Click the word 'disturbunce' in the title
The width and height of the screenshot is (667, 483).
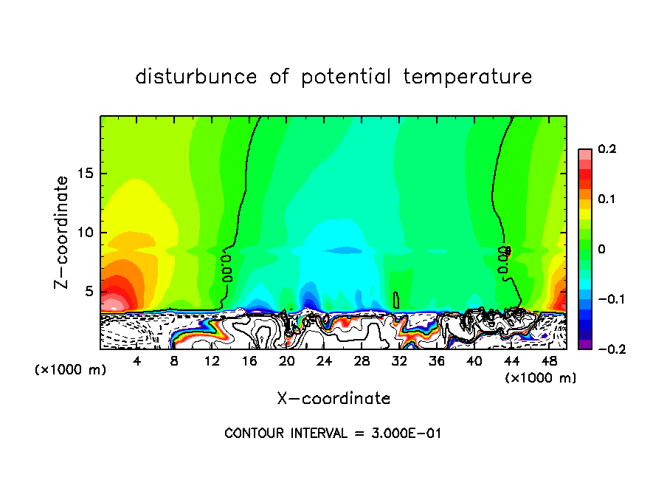pyautogui.click(x=196, y=77)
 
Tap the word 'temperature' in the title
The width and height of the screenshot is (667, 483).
pyautogui.click(x=467, y=77)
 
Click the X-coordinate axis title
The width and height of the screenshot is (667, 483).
pyautogui.click(x=333, y=399)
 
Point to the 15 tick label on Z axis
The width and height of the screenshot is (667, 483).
pyautogui.click(x=86, y=174)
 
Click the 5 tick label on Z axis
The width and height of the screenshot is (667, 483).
pyautogui.click(x=90, y=291)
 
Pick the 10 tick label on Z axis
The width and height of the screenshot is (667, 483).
pyautogui.click(x=86, y=232)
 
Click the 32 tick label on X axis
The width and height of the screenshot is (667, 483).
pyautogui.click(x=399, y=360)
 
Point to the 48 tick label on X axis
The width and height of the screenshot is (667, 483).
pyautogui.click(x=548, y=360)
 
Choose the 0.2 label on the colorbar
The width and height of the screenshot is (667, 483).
pyautogui.click(x=606, y=149)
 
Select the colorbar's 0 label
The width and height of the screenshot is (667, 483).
pyautogui.click(x=601, y=249)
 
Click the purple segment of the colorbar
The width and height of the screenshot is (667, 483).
pyautogui.click(x=585, y=343)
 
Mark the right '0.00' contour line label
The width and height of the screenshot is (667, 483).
pyautogui.click(x=505, y=262)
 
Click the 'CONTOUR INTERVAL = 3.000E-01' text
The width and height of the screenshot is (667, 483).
pyautogui.click(x=333, y=433)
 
